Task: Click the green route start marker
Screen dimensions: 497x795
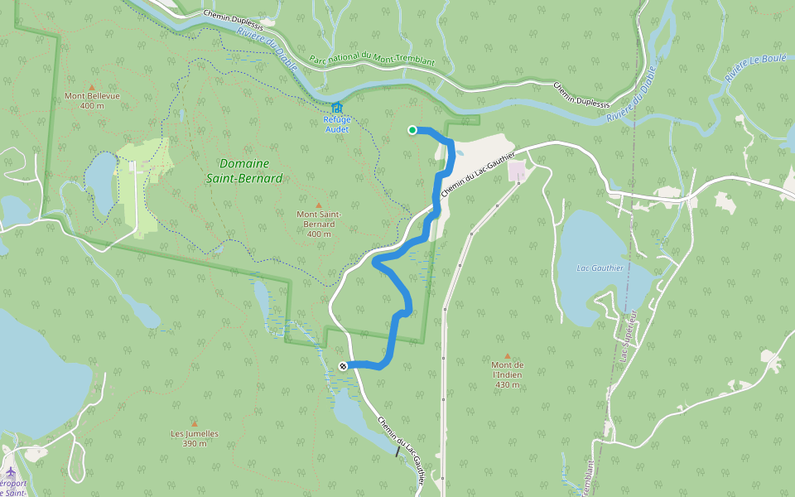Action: point(412,129)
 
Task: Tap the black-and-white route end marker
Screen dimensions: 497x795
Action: point(343,366)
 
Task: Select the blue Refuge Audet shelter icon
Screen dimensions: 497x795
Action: point(336,108)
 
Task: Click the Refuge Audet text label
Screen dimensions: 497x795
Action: point(336,124)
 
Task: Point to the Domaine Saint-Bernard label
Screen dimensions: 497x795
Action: point(251,171)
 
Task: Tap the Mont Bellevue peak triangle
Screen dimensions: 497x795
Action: point(92,86)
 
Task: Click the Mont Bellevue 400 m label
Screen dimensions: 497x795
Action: point(92,100)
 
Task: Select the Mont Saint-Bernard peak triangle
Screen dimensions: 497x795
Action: point(319,205)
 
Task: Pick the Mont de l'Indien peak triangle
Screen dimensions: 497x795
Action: point(508,356)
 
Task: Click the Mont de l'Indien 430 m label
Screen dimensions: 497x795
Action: point(508,374)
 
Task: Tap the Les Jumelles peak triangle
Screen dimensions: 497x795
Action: point(195,423)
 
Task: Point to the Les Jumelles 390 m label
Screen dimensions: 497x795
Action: point(195,438)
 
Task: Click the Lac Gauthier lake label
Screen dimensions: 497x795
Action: point(600,268)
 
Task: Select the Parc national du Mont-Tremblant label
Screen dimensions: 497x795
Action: point(371,60)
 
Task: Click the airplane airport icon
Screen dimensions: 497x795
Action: point(11,472)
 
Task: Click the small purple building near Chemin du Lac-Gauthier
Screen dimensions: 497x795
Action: point(518,171)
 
